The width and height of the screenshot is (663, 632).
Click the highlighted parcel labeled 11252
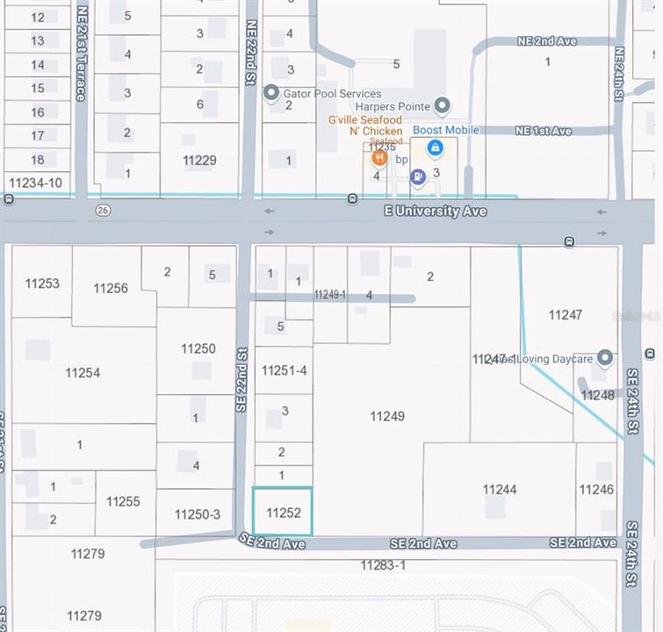pyautogui.click(x=283, y=512)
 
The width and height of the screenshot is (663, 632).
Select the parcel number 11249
pyautogui.click(x=387, y=416)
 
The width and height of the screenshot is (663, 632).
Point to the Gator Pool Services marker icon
pyautogui.click(x=271, y=92)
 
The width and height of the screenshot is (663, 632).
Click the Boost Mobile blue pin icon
pyautogui.click(x=435, y=148)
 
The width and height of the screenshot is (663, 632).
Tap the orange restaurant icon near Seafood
pyautogui.click(x=379, y=158)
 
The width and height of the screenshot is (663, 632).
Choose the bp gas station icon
pyautogui.click(x=418, y=176)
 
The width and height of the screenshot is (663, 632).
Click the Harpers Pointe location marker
pyautogui.click(x=443, y=106)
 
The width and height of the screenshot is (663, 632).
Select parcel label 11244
pyautogui.click(x=499, y=489)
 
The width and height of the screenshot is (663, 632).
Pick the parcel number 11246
pyautogui.click(x=596, y=489)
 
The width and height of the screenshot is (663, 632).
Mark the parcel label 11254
pyautogui.click(x=83, y=373)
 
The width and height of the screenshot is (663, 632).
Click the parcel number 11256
pyautogui.click(x=111, y=288)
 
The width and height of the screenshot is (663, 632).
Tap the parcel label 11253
pyautogui.click(x=42, y=283)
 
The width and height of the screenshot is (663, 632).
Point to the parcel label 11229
pyautogui.click(x=199, y=161)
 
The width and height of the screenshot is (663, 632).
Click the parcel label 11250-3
pyautogui.click(x=198, y=514)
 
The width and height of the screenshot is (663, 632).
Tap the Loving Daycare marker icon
pyautogui.click(x=604, y=357)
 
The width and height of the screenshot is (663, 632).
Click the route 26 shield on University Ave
pyautogui.click(x=104, y=211)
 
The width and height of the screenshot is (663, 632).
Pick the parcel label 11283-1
pyautogui.click(x=383, y=565)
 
